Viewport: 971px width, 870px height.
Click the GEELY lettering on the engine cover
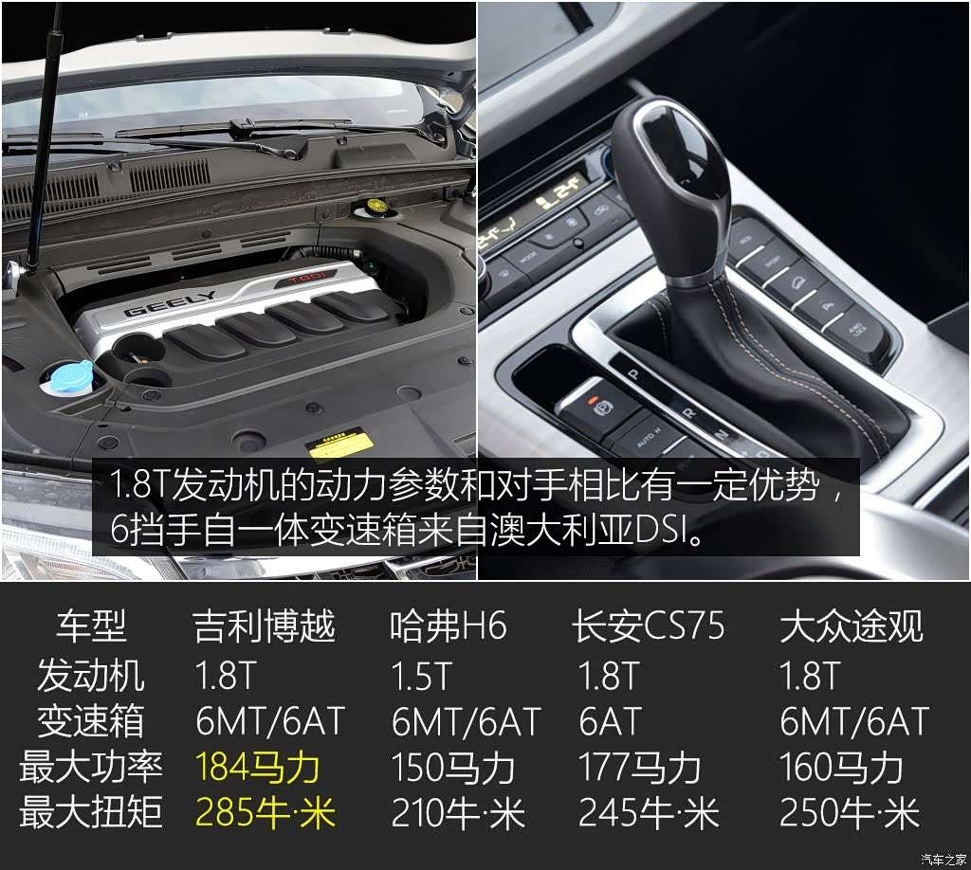tap(169, 303)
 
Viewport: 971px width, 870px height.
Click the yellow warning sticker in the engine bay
tap(340, 444)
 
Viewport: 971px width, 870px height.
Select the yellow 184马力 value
tap(257, 768)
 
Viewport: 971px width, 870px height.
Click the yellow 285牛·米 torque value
tap(266, 812)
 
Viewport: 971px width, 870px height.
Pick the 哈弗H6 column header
tap(449, 625)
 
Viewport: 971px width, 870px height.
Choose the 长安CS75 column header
tap(648, 625)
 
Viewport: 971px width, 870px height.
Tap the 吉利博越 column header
tap(265, 625)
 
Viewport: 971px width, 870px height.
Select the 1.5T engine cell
tap(422, 675)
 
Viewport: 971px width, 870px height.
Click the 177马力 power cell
tap(640, 768)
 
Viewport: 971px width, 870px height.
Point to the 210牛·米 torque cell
tap(458, 812)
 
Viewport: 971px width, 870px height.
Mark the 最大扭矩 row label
tap(91, 812)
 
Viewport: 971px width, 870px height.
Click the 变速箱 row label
tap(91, 721)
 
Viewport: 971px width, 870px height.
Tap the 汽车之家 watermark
tap(944, 860)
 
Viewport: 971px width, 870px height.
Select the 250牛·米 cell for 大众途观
tap(850, 812)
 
